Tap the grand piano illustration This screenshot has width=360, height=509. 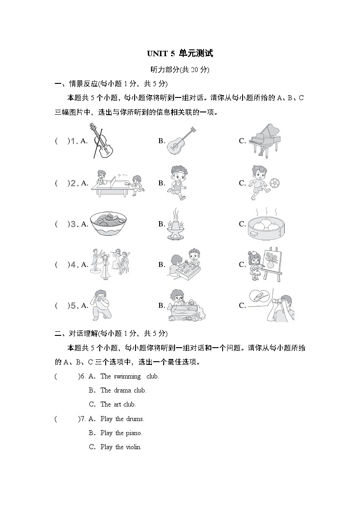click(x=268, y=140)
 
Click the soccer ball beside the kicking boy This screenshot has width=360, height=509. click(x=274, y=183)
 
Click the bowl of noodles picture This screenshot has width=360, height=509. click(x=107, y=224)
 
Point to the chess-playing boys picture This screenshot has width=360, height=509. click(x=185, y=264)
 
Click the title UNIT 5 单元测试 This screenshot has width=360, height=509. click(x=180, y=53)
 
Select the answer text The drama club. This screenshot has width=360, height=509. click(x=123, y=390)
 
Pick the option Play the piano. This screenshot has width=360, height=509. click(x=121, y=433)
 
